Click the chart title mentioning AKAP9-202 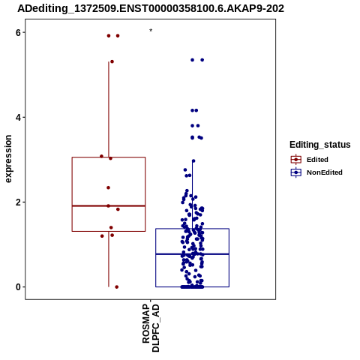pos(151,8)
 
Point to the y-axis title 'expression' pos(8,159)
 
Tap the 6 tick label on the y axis pos(18,32)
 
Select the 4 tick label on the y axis pos(18,117)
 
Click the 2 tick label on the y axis pos(18,202)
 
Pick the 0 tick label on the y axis pos(18,287)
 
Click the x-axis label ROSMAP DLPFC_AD pos(151,328)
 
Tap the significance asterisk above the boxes pos(151,31)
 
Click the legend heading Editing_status pos(320,145)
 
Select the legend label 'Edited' pos(317,160)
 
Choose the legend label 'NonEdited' pos(325,172)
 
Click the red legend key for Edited pos(296,160)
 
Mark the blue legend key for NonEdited pos(296,172)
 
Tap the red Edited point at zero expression pos(117,287)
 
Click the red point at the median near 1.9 pos(108,206)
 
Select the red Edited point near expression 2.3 pos(108,187)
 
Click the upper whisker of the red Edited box pos(109,109)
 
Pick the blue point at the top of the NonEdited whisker pos(193,161)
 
